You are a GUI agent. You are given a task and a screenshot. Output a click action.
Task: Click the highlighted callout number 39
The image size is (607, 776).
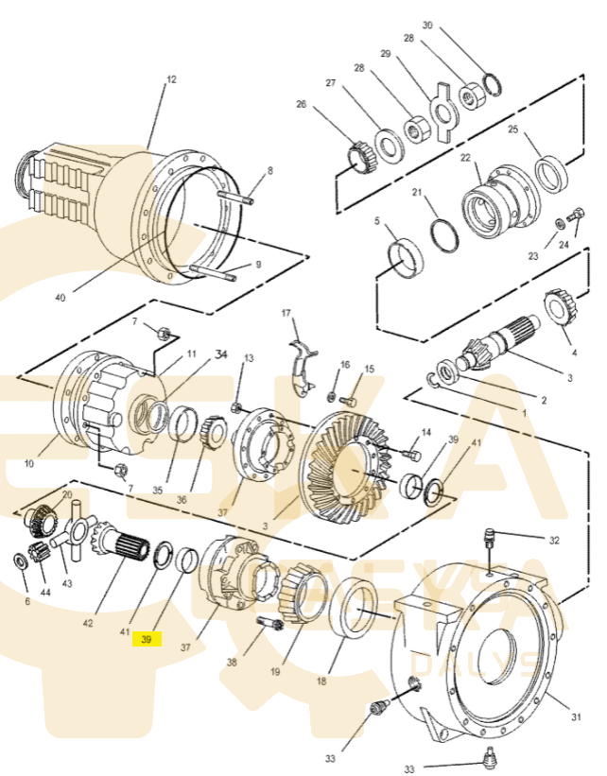[147, 640]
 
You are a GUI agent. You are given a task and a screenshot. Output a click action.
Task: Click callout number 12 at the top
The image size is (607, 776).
[171, 80]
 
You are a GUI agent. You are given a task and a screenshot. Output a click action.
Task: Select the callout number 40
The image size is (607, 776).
[61, 298]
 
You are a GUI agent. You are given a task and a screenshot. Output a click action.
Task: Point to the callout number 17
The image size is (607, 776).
[286, 312]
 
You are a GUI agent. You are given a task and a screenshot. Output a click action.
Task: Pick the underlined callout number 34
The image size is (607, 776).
[221, 354]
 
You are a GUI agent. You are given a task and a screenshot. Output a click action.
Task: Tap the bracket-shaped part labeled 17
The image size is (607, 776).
[301, 364]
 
